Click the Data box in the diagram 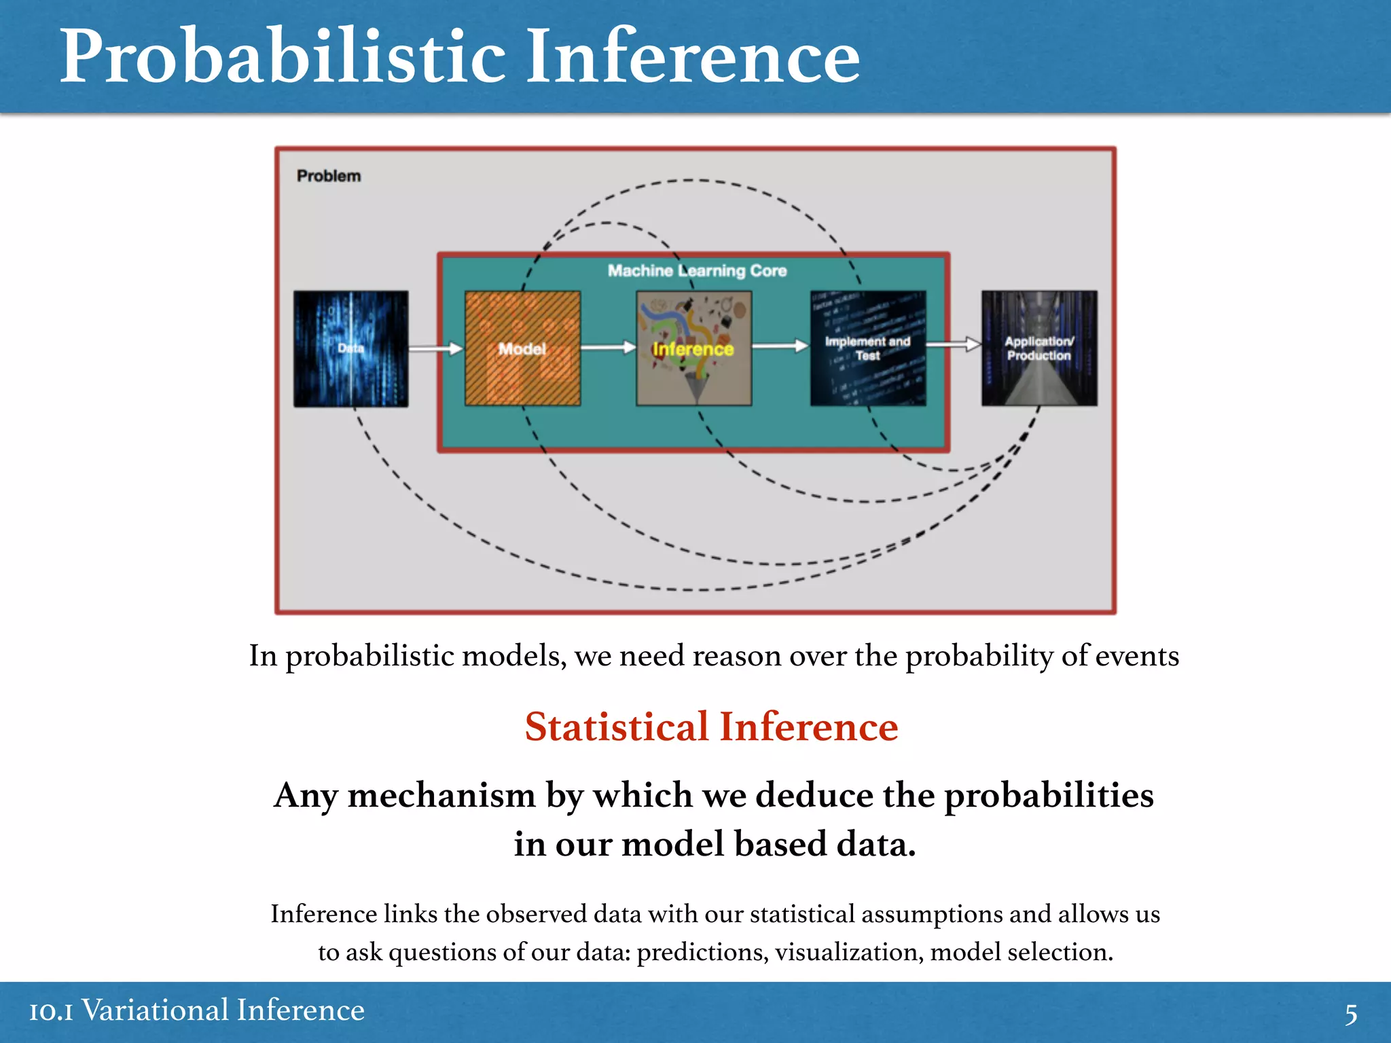[350, 349]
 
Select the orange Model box [522, 349]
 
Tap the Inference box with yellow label [693, 349]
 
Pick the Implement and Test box [867, 349]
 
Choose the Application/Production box [1038, 349]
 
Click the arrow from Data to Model [436, 348]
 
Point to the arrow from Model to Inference [608, 348]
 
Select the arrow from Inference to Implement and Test [780, 346]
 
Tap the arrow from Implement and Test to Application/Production [954, 345]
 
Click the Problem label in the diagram [329, 176]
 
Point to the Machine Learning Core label [697, 271]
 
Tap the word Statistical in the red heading [616, 727]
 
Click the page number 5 [1351, 1014]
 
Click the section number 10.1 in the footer [51, 1011]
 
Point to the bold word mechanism [441, 796]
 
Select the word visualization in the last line [849, 952]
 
